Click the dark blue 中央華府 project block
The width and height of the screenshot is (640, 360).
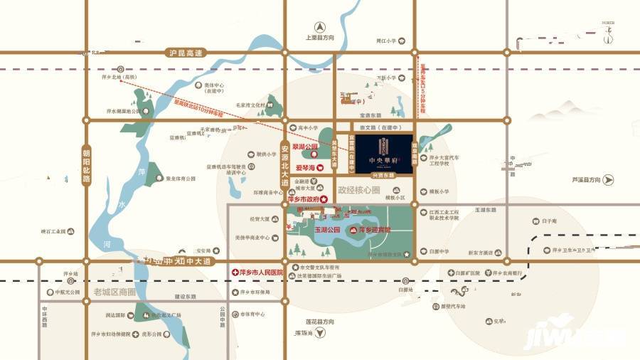[x=384, y=150]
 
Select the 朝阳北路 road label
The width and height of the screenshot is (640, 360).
[x=86, y=165]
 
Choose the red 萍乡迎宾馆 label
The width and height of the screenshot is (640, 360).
[x=376, y=231]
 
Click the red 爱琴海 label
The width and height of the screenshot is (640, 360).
[x=306, y=169]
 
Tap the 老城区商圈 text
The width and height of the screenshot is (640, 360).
[x=113, y=292]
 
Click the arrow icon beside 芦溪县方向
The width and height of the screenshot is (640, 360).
[x=608, y=181]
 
